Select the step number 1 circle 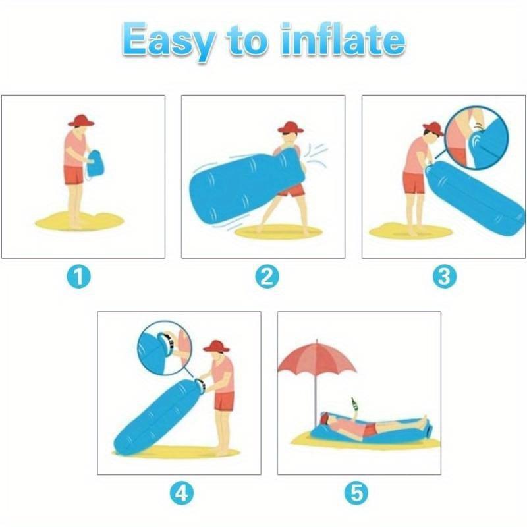pos(82,277)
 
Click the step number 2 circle pos(265,277)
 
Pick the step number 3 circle pos(445,277)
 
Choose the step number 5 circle pos(359,492)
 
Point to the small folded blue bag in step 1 pos(97,164)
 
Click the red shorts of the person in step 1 pos(74,175)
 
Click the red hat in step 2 pos(290,127)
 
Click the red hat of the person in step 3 pos(432,128)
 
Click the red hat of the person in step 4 pos(216,347)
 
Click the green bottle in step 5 pos(354,402)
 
